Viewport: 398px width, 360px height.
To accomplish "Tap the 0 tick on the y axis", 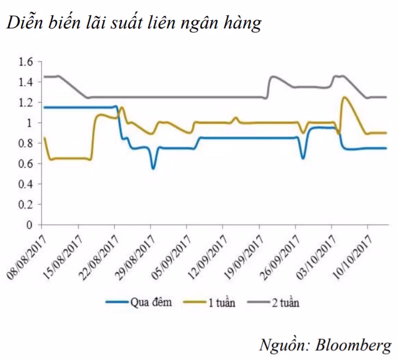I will pyautogui.click(x=31, y=225).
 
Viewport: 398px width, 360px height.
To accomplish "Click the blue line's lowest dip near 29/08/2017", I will pyautogui.click(x=153, y=169).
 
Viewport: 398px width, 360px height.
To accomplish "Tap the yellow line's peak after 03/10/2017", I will pyautogui.click(x=344, y=97).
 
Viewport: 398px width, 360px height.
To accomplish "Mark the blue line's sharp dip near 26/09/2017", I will pyautogui.click(x=303, y=158).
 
